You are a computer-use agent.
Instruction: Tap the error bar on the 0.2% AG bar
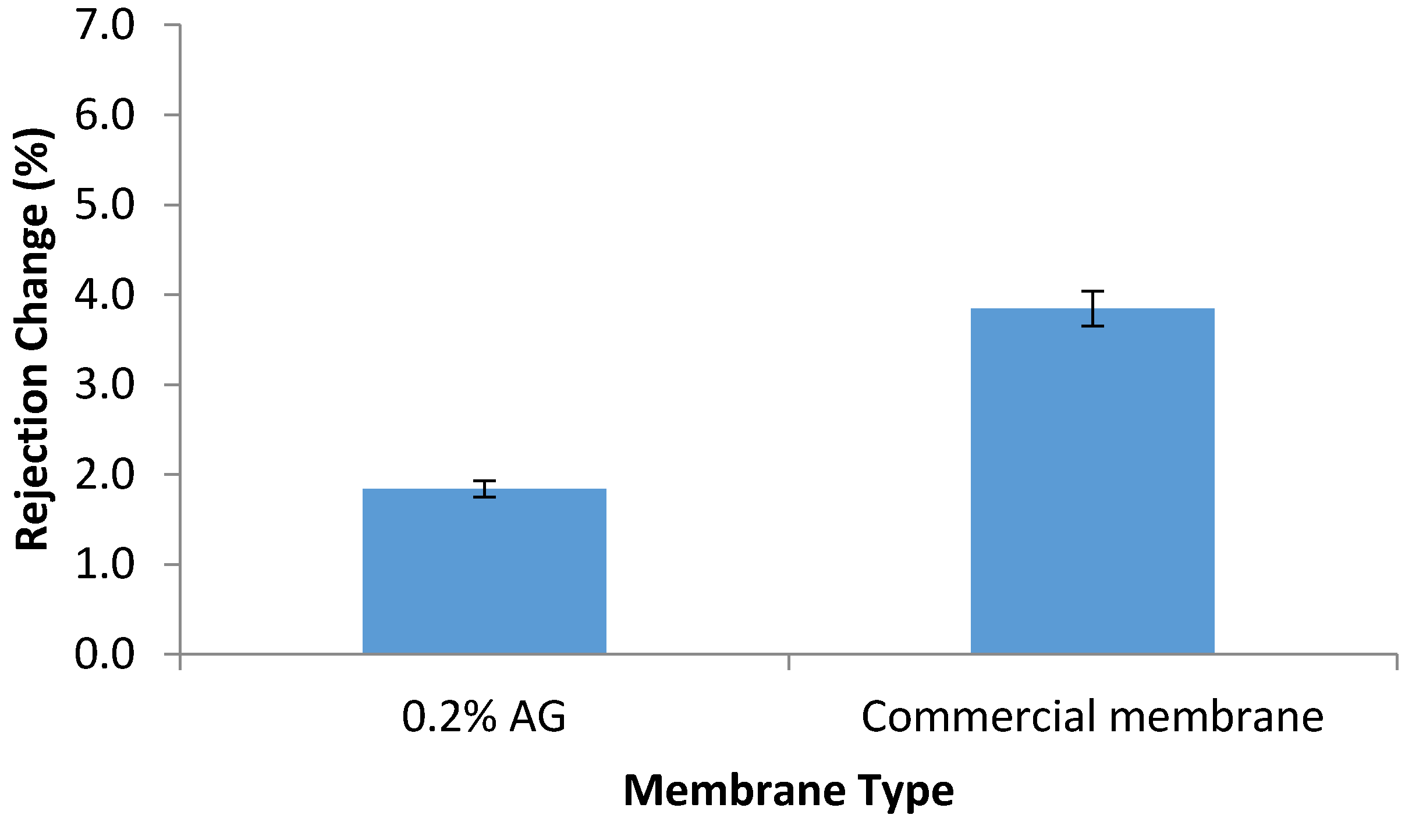click(x=484, y=489)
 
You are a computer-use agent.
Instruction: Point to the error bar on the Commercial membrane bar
click(x=1092, y=308)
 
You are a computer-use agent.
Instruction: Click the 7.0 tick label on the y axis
click(x=105, y=26)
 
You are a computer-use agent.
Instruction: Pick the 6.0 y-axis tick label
click(x=105, y=115)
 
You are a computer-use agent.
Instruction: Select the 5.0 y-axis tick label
click(x=105, y=205)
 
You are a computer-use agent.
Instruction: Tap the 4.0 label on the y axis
click(x=105, y=295)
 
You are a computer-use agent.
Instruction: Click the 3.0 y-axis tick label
click(x=105, y=385)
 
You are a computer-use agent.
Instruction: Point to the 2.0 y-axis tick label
click(x=105, y=475)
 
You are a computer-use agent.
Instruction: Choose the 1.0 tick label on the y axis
click(x=105, y=564)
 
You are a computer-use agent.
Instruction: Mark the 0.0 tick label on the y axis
click(x=105, y=654)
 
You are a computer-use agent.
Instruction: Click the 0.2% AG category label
click(x=484, y=717)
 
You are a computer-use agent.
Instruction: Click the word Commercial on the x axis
click(x=978, y=717)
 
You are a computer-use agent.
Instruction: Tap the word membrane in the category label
click(x=1216, y=717)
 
